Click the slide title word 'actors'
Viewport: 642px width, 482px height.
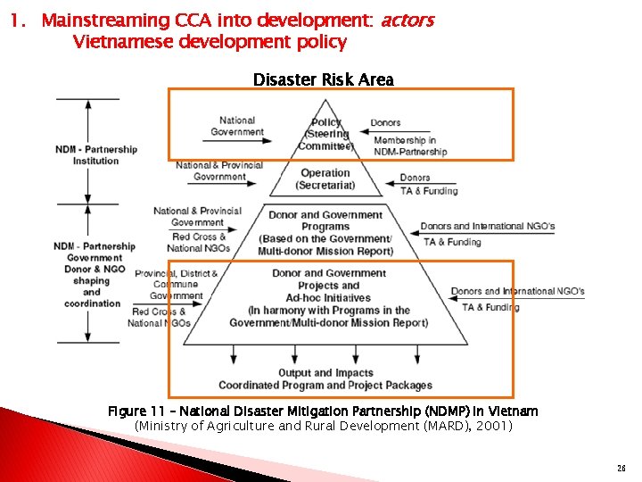[x=407, y=20]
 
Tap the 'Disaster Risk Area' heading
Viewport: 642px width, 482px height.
[x=323, y=79]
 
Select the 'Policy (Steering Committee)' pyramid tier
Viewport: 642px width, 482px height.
[x=325, y=134]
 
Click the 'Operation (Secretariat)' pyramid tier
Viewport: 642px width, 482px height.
[x=325, y=179]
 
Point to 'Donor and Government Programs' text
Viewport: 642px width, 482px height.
[x=325, y=220]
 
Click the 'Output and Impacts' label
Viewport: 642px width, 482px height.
[x=325, y=373]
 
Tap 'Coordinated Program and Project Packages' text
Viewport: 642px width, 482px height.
[x=325, y=386]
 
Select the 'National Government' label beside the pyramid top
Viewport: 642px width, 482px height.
[x=237, y=126]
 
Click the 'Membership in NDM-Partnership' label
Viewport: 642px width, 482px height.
[x=410, y=146]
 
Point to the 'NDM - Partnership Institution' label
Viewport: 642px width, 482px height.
[x=95, y=154]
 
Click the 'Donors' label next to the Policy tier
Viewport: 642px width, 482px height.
[x=385, y=122]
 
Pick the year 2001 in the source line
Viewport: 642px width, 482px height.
[x=490, y=427]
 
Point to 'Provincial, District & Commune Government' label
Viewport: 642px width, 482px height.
[x=177, y=284]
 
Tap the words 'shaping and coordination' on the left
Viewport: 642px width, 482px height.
[x=92, y=292]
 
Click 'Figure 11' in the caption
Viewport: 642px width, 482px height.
[x=136, y=411]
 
